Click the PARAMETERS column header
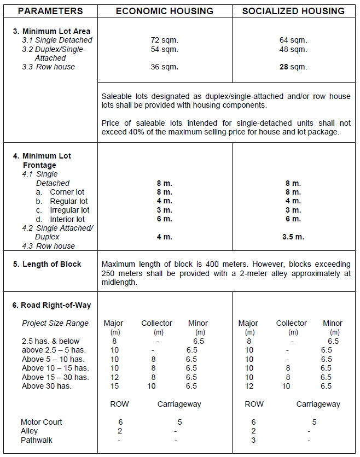tap(50, 11)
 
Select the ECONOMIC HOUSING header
tap(164, 11)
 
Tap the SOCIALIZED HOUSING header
tap(293, 11)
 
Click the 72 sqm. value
tap(164, 40)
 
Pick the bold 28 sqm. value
tap(293, 67)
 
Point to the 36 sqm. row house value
tap(164, 67)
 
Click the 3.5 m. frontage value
tap(293, 237)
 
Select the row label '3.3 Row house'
tap(49, 67)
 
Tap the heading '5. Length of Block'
tap(47, 264)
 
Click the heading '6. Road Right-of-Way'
tap(52, 305)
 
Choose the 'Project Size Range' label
tap(55, 323)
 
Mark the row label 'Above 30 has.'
tap(47, 386)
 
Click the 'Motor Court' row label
tap(42, 422)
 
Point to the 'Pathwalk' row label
tap(37, 440)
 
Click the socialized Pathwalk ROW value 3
tap(253, 440)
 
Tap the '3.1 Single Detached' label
tap(57, 40)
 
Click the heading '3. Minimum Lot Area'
tap(51, 31)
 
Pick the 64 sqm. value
tap(293, 40)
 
